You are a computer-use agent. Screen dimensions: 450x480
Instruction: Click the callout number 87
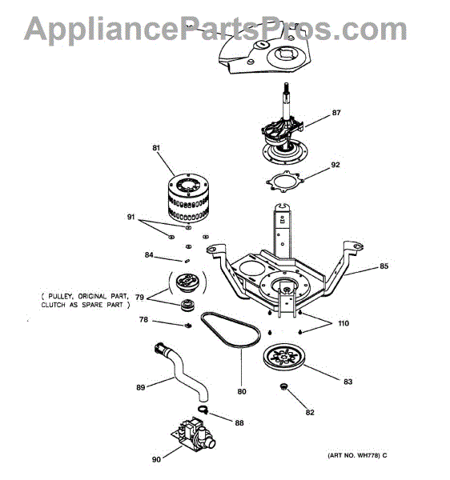(336, 113)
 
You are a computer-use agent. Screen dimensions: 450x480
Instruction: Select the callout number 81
(156, 147)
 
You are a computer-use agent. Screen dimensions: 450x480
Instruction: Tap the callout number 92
(335, 165)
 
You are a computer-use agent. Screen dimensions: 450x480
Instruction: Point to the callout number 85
(384, 266)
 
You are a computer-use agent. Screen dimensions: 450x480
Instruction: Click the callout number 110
(344, 323)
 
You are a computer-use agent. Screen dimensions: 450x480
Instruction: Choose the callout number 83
(348, 382)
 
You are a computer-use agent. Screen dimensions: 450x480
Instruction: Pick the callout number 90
(156, 459)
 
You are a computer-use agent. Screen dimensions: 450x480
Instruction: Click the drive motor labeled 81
(188, 198)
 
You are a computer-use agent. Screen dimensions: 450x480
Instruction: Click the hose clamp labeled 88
(203, 409)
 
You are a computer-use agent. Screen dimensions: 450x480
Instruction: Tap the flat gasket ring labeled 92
(285, 182)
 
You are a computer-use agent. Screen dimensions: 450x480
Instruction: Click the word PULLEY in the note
(61, 296)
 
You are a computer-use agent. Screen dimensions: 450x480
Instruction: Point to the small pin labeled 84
(187, 261)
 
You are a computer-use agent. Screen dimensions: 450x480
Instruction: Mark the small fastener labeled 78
(188, 326)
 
